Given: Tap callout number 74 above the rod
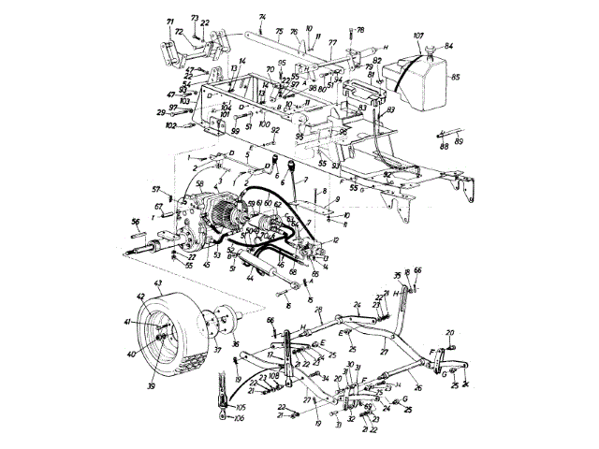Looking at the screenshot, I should pyautogui.click(x=236, y=17).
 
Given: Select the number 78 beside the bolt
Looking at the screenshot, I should pyautogui.click(x=360, y=31).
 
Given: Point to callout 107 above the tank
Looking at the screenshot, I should pyautogui.click(x=417, y=36).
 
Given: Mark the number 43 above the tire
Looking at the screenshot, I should pyautogui.click(x=157, y=283).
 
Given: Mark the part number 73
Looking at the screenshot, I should pyautogui.click(x=194, y=18).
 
